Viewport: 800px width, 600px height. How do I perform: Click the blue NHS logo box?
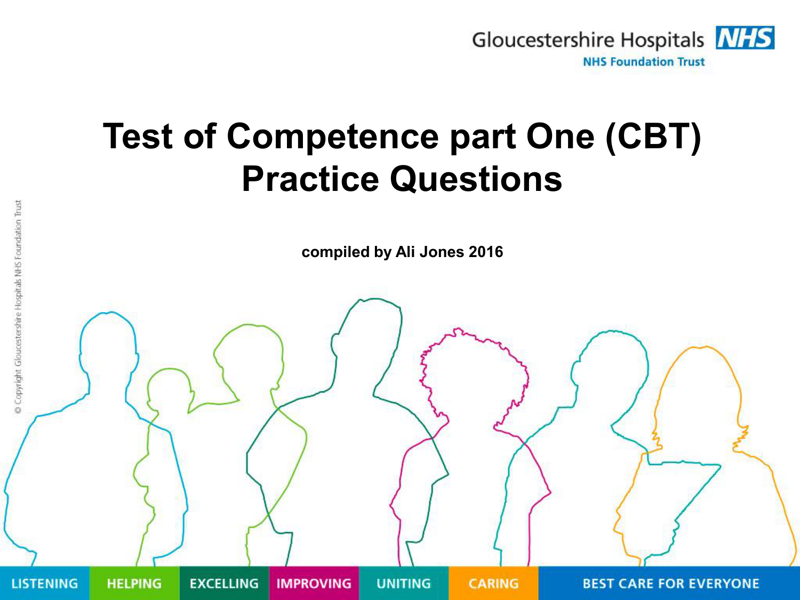pos(745,37)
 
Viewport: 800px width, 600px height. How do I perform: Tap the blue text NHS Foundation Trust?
pos(644,62)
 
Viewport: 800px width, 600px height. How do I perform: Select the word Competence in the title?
pos(333,137)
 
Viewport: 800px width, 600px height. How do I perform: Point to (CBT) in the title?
pos(653,137)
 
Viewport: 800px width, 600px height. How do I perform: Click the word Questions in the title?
pos(476,179)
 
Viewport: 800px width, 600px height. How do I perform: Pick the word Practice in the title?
pos(310,179)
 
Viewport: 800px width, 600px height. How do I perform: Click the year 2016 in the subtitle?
pos(486,252)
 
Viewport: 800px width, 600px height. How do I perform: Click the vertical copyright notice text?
pos(18,307)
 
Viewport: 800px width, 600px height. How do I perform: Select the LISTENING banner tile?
pos(44,583)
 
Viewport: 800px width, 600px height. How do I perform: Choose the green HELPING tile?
pos(134,583)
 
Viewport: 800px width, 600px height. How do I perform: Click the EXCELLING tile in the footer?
pos(224,583)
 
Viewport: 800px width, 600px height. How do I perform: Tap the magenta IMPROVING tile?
pos(314,583)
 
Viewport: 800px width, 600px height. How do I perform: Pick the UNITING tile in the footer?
pos(404,583)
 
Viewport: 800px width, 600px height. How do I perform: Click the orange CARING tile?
pos(493,583)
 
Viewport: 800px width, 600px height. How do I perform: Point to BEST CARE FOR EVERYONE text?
pos(670,583)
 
